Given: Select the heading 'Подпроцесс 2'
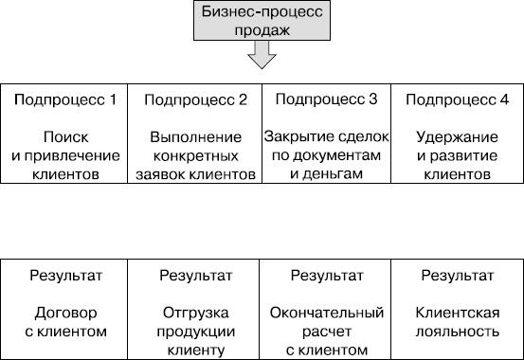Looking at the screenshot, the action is point(197,99).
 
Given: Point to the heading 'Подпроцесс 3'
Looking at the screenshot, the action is point(326,99).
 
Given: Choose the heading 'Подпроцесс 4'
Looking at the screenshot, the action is point(457,99).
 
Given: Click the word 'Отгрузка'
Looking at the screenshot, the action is point(197,313).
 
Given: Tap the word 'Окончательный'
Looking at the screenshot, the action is point(326,313).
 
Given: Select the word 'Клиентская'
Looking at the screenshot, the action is point(457,313).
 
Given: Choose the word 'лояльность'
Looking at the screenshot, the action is point(457,332).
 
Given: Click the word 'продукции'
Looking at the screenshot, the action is point(197,332).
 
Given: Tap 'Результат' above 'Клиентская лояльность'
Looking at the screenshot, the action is point(457,276).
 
